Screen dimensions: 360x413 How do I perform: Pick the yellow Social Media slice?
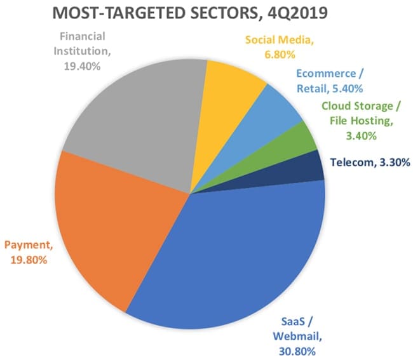tap(232, 89)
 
